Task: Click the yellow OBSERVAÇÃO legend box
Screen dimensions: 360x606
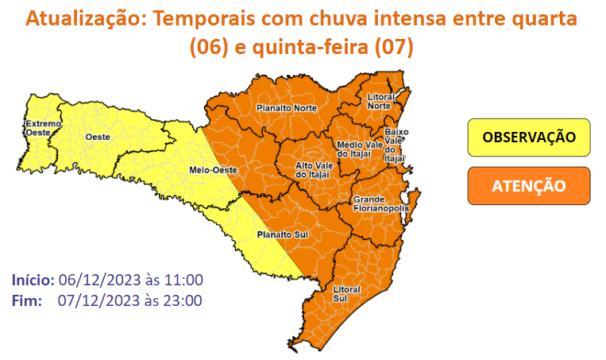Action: [529, 137]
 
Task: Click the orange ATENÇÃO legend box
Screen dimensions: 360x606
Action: [529, 186]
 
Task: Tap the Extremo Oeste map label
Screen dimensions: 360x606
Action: [37, 128]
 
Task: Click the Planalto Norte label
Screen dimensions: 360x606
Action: [286, 108]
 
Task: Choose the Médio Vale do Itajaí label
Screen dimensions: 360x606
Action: [354, 149]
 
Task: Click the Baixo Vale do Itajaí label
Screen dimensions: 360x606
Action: [395, 145]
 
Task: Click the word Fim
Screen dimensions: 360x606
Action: [29, 300]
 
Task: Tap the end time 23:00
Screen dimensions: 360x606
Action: [185, 300]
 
